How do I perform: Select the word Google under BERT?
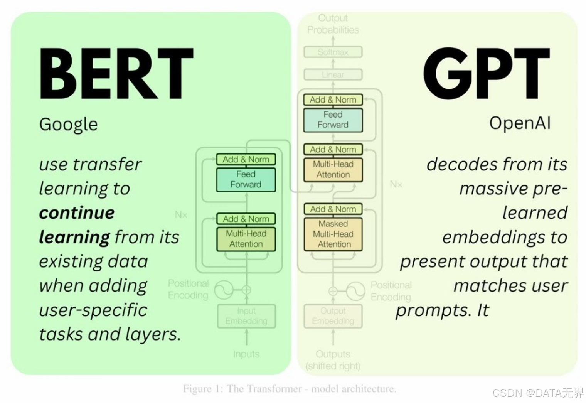pos(68,124)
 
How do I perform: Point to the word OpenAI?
pos(520,123)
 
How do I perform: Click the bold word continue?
pos(77,212)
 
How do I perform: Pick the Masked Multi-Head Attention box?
pos(333,234)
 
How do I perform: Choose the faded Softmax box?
pos(333,52)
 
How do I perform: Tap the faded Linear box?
pos(333,74)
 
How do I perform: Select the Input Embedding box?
pos(246,316)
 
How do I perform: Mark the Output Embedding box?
pos(333,316)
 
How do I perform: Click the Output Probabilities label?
pos(333,24)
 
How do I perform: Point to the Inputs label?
pos(246,354)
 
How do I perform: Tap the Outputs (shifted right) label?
pos(333,360)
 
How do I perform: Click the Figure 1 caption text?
pos(290,388)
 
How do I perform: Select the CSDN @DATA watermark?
pos(538,393)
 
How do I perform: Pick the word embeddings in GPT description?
pos(491,237)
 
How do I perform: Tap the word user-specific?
pos(93,310)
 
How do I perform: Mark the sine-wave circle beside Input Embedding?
pos(224,290)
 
